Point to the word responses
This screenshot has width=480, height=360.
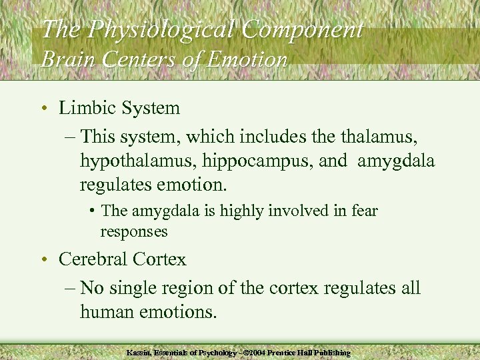tap(134, 231)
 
